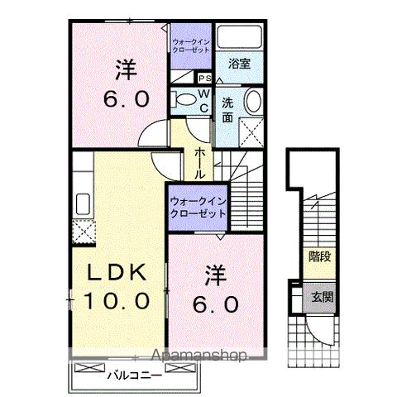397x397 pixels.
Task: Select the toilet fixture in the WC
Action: [x=181, y=99]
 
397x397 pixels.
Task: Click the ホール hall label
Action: [x=200, y=164]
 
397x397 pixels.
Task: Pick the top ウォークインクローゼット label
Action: [x=189, y=45]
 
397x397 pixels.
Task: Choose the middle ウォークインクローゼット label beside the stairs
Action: [x=198, y=207]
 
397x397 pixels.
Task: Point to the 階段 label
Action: [x=320, y=256]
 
